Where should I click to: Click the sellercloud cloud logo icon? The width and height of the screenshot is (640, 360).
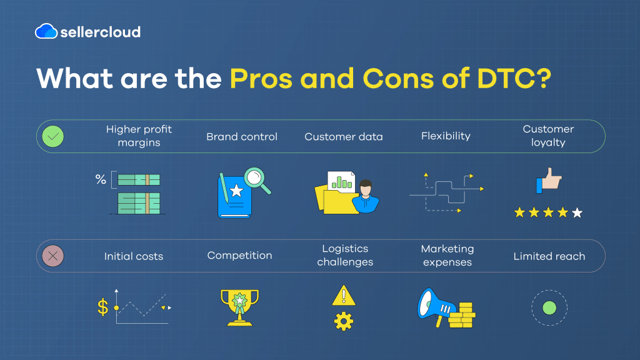coord(46,31)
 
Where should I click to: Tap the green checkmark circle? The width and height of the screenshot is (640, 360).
coord(52,136)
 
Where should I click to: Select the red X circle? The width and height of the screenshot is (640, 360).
coord(52,256)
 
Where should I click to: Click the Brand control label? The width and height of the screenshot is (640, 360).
coord(242,136)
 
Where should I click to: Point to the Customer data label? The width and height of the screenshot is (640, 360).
coord(344,136)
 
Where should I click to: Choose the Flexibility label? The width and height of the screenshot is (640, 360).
coord(446,136)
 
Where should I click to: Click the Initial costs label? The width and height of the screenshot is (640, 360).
coord(134,256)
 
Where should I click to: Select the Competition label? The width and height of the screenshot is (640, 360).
coord(239,255)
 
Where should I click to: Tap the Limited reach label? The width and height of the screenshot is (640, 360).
coord(549,256)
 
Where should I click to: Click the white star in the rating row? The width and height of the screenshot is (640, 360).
coord(577,213)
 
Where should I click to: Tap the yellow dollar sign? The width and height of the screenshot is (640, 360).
coord(102,307)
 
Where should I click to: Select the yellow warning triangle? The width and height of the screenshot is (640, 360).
coord(343,295)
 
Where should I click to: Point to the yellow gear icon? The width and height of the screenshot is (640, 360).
coord(343,321)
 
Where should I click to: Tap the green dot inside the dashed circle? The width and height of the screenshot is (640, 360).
coord(549,307)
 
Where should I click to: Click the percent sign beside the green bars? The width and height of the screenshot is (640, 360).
coord(100,180)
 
